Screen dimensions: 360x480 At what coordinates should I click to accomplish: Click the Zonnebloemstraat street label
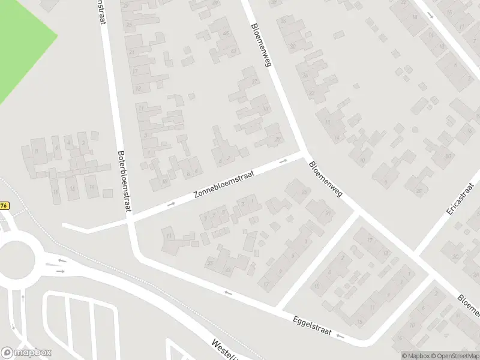[x=224, y=185]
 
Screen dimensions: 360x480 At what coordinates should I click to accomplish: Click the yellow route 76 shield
[x=4, y=205]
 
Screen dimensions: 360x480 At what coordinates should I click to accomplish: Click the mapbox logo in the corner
[x=26, y=352]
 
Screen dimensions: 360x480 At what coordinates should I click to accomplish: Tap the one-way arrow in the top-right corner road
[x=431, y=14]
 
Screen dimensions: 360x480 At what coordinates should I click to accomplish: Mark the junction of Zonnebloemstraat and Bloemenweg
[x=304, y=155]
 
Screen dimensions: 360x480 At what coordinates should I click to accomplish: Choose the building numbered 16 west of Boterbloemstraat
[x=56, y=192]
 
